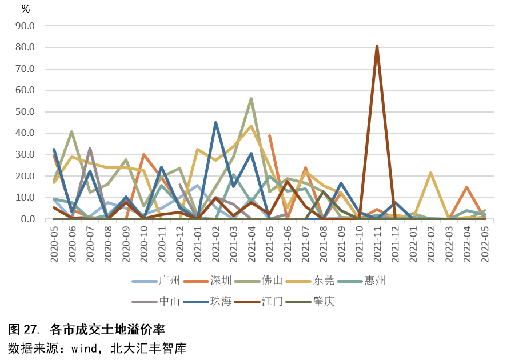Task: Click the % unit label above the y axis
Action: click(x=26, y=9)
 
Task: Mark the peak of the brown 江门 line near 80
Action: click(x=377, y=46)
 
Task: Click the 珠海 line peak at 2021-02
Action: click(x=215, y=122)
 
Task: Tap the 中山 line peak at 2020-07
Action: click(x=90, y=149)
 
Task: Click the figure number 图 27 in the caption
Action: click(x=23, y=330)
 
